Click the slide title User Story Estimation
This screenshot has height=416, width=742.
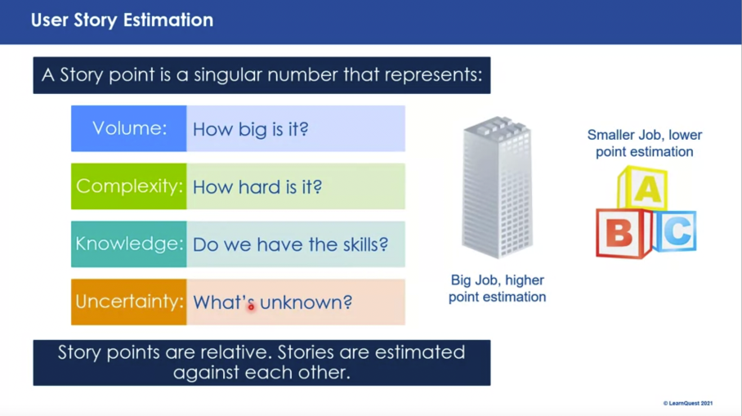(122, 20)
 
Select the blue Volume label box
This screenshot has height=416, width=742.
(129, 128)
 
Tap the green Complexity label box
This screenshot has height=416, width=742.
(129, 186)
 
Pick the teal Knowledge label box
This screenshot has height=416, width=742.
(129, 244)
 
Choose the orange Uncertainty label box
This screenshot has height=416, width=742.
(129, 302)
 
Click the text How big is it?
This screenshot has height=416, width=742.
(250, 129)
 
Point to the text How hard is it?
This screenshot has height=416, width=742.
(257, 187)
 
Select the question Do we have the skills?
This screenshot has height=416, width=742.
(290, 244)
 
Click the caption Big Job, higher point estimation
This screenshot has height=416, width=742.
(497, 289)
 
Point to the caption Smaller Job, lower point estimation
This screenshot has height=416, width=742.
(644, 143)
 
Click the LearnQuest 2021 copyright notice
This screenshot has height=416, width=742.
(688, 403)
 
